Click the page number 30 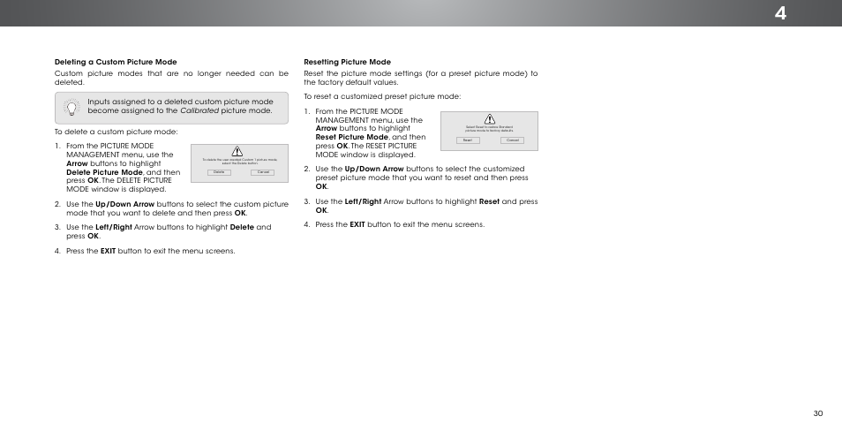click(818, 413)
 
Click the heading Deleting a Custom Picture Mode click(116, 62)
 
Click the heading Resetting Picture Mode click(347, 62)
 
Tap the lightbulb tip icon click(71, 107)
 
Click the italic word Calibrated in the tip click(199, 111)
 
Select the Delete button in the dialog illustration click(215, 172)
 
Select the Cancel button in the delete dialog click(263, 172)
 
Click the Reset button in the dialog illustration click(468, 140)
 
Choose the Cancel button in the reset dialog click(512, 140)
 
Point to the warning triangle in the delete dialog click(237, 151)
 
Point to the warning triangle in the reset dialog click(490, 119)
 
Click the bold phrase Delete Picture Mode click(104, 172)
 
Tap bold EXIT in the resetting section click(357, 224)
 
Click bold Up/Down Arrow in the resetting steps click(374, 169)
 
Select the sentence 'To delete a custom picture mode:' click(116, 132)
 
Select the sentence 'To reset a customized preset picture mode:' click(382, 96)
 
